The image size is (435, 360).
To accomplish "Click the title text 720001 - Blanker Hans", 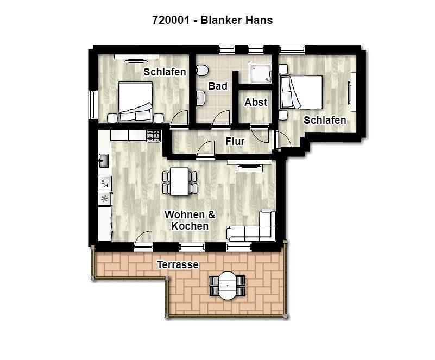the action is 212,20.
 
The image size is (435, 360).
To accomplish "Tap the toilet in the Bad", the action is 201,70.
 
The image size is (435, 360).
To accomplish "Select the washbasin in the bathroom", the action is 200,98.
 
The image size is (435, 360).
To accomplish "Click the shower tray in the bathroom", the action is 260,73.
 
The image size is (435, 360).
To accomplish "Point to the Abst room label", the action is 256,102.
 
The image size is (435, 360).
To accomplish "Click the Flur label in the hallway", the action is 235,142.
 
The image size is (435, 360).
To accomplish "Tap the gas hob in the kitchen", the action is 153,136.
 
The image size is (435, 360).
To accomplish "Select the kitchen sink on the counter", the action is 104,161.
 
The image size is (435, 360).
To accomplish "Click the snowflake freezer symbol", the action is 105,199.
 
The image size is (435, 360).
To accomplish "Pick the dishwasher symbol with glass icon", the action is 105,184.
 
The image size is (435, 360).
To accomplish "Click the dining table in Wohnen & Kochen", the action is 179,182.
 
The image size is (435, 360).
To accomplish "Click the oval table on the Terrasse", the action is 228,286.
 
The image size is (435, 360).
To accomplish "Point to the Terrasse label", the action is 178,264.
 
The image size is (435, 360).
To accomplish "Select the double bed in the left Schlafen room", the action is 135,102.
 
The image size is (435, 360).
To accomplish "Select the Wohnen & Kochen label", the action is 190,220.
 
